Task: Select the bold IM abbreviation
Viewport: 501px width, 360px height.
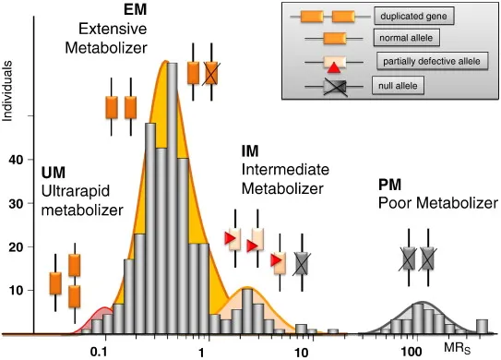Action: (250, 150)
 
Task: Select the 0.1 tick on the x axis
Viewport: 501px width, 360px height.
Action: (101, 352)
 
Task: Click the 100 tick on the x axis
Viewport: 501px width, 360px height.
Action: (412, 352)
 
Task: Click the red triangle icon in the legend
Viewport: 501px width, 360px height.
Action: (334, 66)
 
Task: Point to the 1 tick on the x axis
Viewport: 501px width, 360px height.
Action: (201, 352)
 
